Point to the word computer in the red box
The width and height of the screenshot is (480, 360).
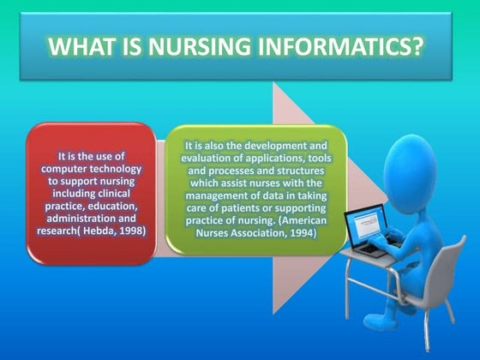click(x=67, y=169)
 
